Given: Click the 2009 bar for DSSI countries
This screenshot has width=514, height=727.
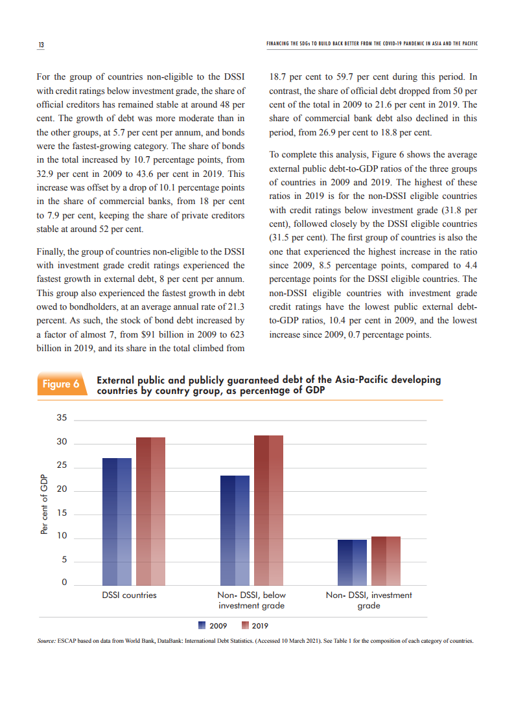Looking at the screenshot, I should coord(117,522).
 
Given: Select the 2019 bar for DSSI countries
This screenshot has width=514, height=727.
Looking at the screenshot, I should coord(150,511).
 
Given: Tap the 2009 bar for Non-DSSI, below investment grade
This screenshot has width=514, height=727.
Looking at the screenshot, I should coord(235,530).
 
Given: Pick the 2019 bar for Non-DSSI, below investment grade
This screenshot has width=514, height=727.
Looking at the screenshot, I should coord(268,511).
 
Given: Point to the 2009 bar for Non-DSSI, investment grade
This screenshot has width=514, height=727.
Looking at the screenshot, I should coord(352,562).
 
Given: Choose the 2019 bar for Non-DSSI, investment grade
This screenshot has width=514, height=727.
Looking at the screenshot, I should coord(386,561).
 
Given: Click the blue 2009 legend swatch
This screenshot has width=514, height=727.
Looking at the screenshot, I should coord(202,625).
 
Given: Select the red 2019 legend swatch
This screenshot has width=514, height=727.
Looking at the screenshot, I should coord(245,625).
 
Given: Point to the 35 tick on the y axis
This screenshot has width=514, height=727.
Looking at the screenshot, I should coord(62,418).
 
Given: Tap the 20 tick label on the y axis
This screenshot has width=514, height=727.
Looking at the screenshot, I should coord(62,490).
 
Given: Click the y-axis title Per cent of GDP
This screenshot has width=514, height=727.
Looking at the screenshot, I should coord(44,504).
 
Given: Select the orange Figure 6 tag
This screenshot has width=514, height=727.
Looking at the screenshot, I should coord(61,384).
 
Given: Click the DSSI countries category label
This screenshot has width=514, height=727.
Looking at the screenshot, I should coord(129,595).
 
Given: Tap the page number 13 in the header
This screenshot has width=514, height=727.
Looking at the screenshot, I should coord(41,45).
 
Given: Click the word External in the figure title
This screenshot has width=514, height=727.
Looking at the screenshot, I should coord(117,380).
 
